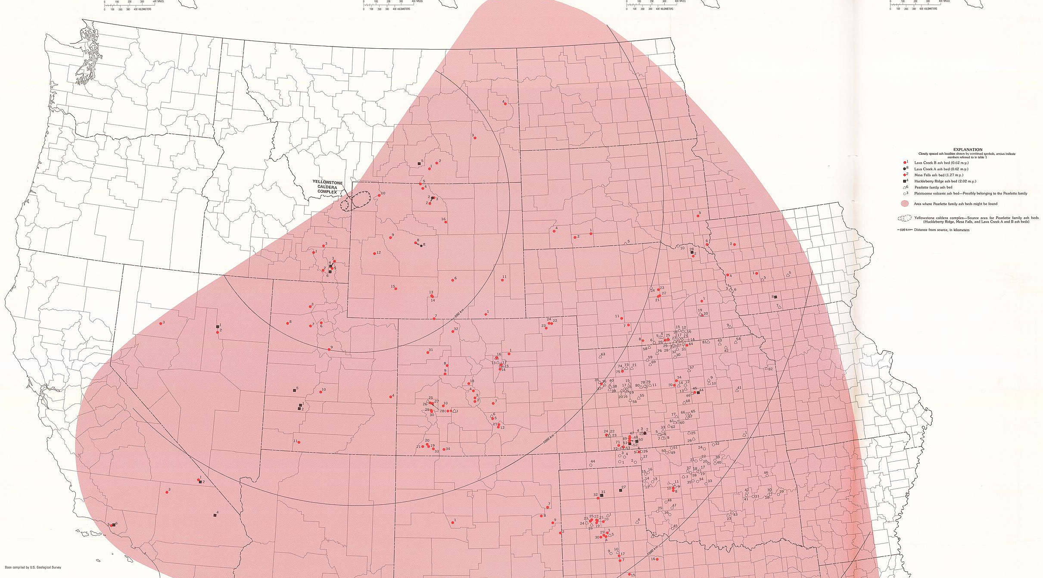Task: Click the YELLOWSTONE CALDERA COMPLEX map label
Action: coord(327,187)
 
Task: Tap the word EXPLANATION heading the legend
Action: coord(968,150)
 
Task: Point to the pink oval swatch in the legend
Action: coord(904,204)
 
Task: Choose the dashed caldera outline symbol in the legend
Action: coord(904,219)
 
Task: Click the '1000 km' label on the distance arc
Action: coord(548,439)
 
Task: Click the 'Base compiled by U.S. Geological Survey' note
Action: coord(33,567)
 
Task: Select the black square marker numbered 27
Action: coord(620,490)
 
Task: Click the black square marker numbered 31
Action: coord(602,496)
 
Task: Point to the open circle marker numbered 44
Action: coord(591,465)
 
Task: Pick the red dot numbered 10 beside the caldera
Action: coord(379,195)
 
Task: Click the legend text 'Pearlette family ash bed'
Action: coord(933,187)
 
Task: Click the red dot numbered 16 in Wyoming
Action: coord(445,222)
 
